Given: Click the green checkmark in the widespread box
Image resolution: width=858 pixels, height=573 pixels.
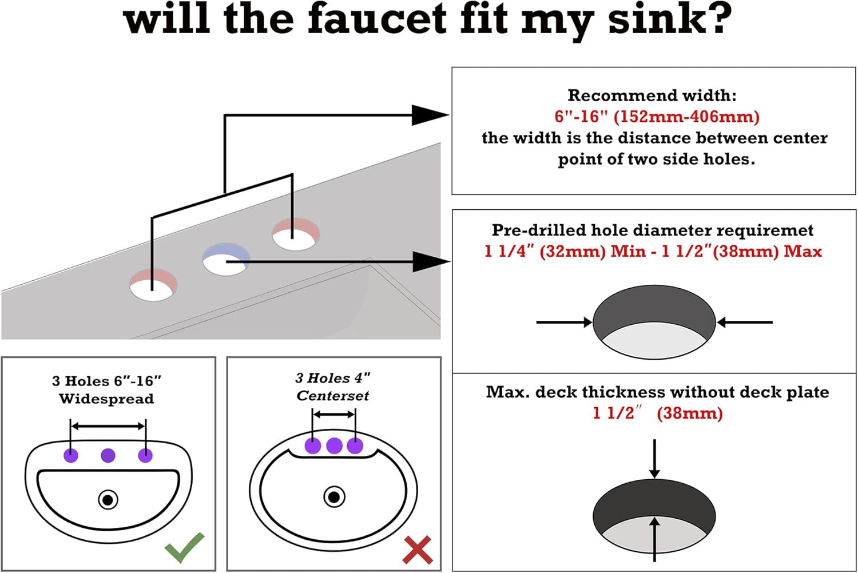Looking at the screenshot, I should (185, 547).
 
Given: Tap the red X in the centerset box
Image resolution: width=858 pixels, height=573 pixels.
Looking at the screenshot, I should (418, 550).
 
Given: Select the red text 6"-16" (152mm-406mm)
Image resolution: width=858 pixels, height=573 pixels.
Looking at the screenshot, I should (657, 117).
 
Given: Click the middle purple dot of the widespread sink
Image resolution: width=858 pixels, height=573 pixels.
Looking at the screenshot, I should (108, 455).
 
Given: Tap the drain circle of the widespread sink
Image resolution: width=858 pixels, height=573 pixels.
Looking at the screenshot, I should (108, 500).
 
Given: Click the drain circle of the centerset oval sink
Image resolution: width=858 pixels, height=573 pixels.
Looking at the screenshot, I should (334, 496).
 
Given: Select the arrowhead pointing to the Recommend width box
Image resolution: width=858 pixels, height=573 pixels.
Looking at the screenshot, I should (430, 115).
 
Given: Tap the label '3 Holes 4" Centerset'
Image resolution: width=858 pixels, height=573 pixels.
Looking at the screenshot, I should (333, 387).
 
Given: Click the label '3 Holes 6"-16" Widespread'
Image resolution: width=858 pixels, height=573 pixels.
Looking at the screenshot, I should (106, 389).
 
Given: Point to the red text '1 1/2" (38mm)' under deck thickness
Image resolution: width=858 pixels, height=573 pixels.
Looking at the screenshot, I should (657, 413).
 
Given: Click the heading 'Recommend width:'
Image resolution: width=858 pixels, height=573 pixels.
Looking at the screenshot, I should (652, 95).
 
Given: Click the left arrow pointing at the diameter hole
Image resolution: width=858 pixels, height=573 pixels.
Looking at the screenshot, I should (564, 322).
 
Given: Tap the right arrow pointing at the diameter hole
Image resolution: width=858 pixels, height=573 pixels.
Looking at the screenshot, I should (744, 322).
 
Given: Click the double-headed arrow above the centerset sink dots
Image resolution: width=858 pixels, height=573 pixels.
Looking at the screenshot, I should (334, 415).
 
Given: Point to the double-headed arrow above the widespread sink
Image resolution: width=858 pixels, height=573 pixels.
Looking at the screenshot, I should (108, 426).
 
